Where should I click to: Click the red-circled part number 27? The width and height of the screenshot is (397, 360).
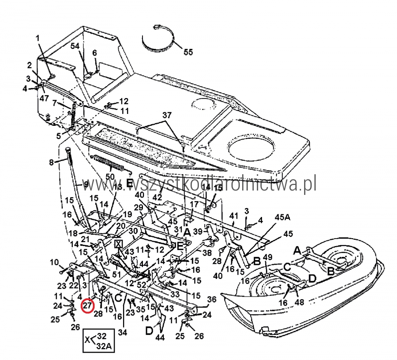tap(87, 306)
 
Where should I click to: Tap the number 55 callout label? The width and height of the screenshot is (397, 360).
tap(188, 52)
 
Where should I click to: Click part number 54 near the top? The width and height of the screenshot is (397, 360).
tap(75, 46)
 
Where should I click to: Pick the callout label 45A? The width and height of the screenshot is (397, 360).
tap(283, 217)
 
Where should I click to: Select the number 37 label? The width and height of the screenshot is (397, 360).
tap(167, 116)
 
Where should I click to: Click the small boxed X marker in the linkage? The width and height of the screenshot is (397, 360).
tap(118, 243)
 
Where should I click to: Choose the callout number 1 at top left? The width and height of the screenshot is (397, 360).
tap(38, 39)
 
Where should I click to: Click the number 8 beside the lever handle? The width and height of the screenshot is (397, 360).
tap(51, 162)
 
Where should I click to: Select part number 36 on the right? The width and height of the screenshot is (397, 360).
tap(212, 300)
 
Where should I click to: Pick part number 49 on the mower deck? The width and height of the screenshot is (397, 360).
tap(268, 257)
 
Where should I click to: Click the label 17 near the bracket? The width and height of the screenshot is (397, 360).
tap(194, 204)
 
